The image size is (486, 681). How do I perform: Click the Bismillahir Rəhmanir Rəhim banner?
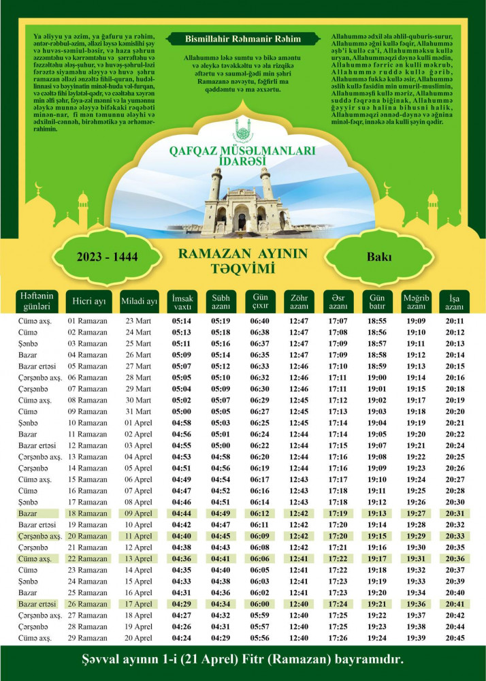tap(242, 39)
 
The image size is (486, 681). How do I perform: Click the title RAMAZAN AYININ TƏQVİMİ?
tap(242, 261)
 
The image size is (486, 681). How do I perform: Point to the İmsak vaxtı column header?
tap(182, 302)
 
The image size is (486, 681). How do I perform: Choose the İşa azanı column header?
tap(454, 302)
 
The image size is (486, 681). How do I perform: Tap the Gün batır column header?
tap(376, 302)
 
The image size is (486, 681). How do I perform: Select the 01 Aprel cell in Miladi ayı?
tap(138, 423)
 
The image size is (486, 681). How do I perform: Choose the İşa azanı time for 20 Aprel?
tap(455, 638)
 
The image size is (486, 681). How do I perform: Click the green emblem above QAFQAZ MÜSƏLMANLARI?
tap(242, 130)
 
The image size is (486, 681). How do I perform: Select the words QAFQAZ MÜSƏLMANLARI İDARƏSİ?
tap(242, 153)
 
